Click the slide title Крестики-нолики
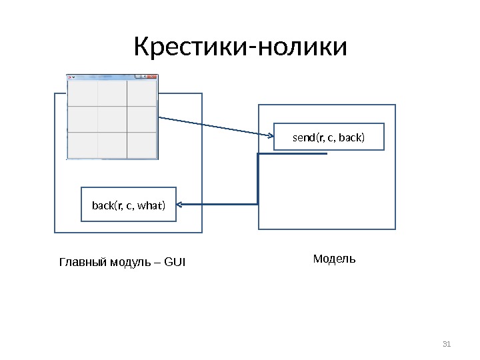[240, 48]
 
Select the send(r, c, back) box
[329, 138]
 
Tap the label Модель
[334, 258]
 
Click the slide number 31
[447, 344]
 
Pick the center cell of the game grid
[112, 119]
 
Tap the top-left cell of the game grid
[83, 93]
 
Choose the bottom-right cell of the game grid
[141, 145]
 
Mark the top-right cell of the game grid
[141, 93]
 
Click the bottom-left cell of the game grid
[83, 145]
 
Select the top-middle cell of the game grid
[112, 93]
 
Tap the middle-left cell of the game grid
[83, 119]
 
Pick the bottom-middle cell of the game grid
[112, 145]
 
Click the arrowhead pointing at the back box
[181, 204]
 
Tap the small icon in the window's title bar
[70, 77]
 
